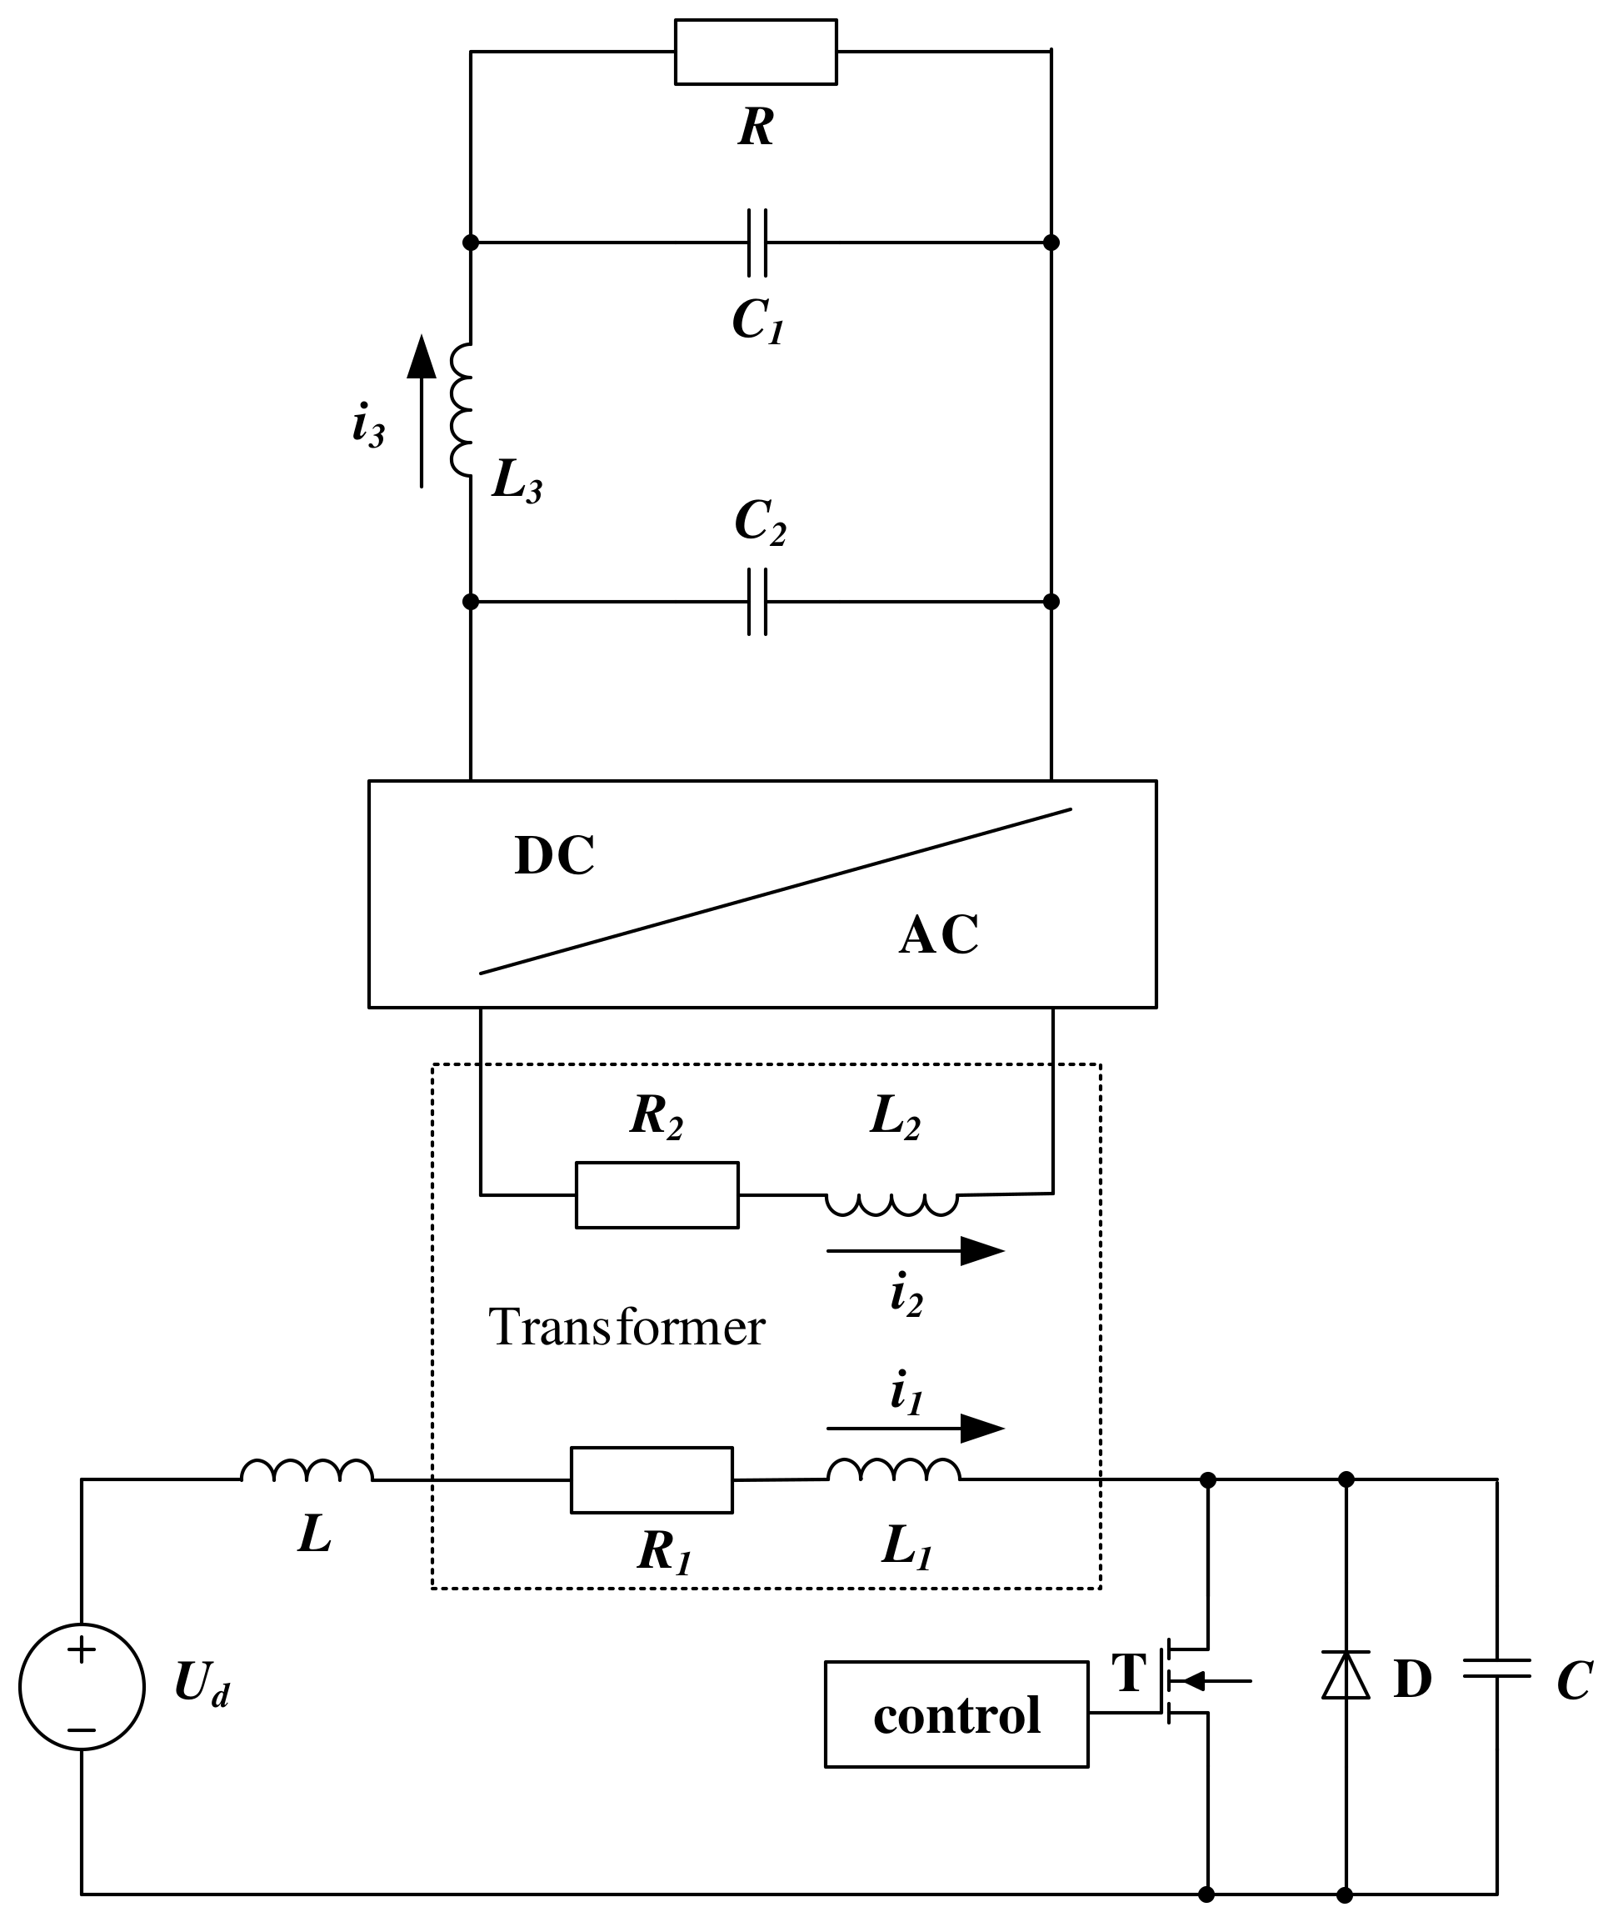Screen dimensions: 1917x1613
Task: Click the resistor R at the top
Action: [x=756, y=53]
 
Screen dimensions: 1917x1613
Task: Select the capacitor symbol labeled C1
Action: [x=757, y=243]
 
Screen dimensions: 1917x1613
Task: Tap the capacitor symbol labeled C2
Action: [x=757, y=602]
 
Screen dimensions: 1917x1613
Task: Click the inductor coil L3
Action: [x=462, y=411]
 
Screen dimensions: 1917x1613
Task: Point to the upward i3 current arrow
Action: [x=422, y=411]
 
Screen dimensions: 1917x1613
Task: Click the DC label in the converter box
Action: [x=554, y=856]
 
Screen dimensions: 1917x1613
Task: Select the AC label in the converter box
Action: [x=938, y=934]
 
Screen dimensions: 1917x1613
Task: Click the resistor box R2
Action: [x=657, y=1195]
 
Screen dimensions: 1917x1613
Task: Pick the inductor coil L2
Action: [x=891, y=1203]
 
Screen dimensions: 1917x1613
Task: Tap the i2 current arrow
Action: [x=915, y=1250]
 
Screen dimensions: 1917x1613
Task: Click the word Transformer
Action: [x=627, y=1327]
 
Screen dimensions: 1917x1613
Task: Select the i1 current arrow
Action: [x=915, y=1428]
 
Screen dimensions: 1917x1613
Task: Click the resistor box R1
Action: [x=651, y=1479]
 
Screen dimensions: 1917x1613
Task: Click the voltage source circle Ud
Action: [x=82, y=1686]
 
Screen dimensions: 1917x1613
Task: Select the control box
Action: [x=956, y=1714]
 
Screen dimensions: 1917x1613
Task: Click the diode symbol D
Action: [x=1345, y=1675]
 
